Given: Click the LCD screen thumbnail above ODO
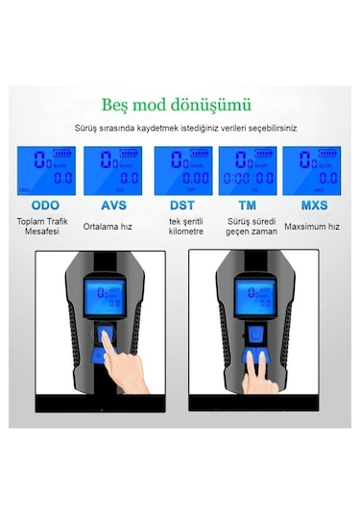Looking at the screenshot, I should (45, 169).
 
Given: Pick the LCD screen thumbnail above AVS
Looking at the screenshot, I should (112, 169).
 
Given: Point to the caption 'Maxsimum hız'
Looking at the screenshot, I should (312, 227).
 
